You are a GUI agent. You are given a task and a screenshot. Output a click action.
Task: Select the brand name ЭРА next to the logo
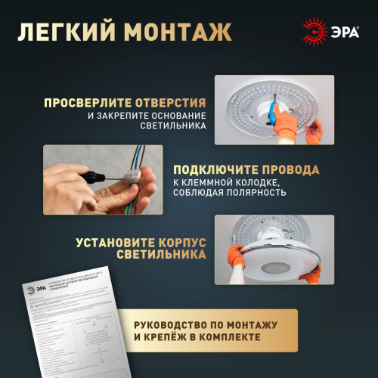[345, 31]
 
